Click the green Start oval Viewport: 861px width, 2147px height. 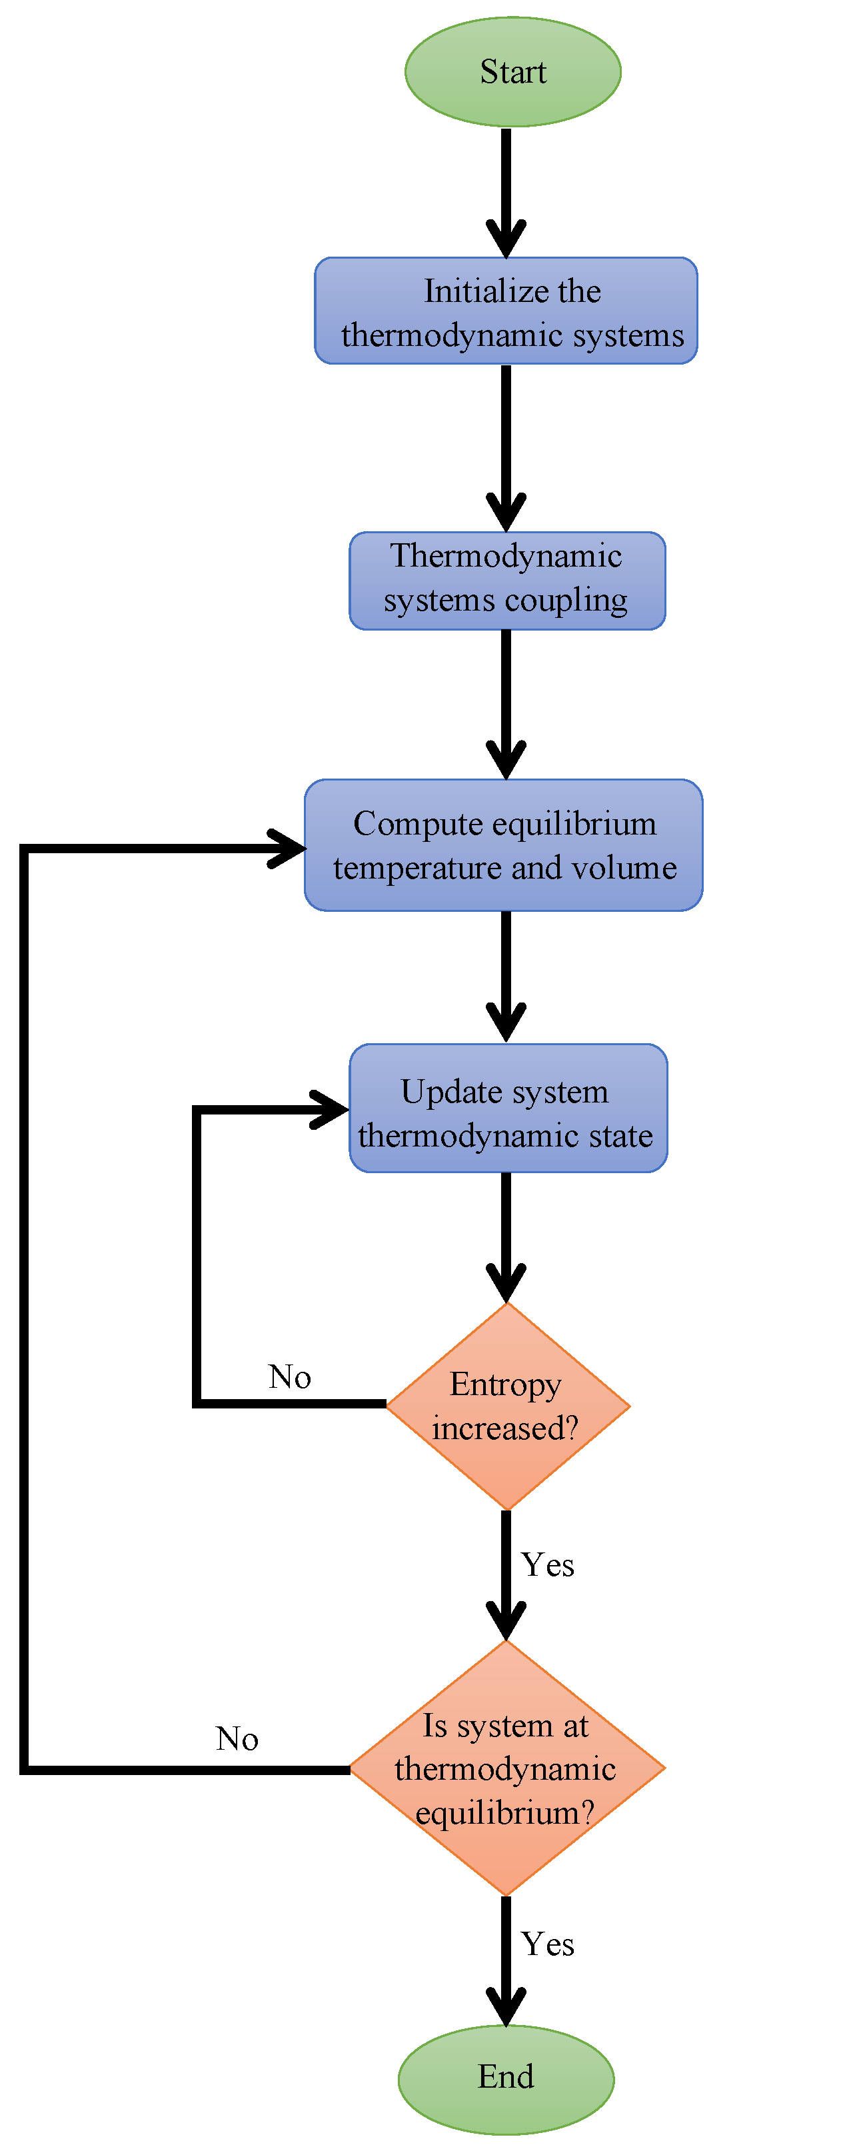point(512,72)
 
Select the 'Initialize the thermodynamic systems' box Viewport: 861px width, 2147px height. point(506,311)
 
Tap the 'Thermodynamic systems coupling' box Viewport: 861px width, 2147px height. point(506,580)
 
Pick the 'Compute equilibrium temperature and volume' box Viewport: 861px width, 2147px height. point(503,845)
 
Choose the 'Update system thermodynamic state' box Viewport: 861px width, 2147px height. point(508,1108)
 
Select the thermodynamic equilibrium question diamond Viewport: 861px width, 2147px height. point(506,1768)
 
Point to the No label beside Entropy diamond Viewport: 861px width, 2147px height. point(289,1377)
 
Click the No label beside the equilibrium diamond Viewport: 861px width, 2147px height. point(237,1738)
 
